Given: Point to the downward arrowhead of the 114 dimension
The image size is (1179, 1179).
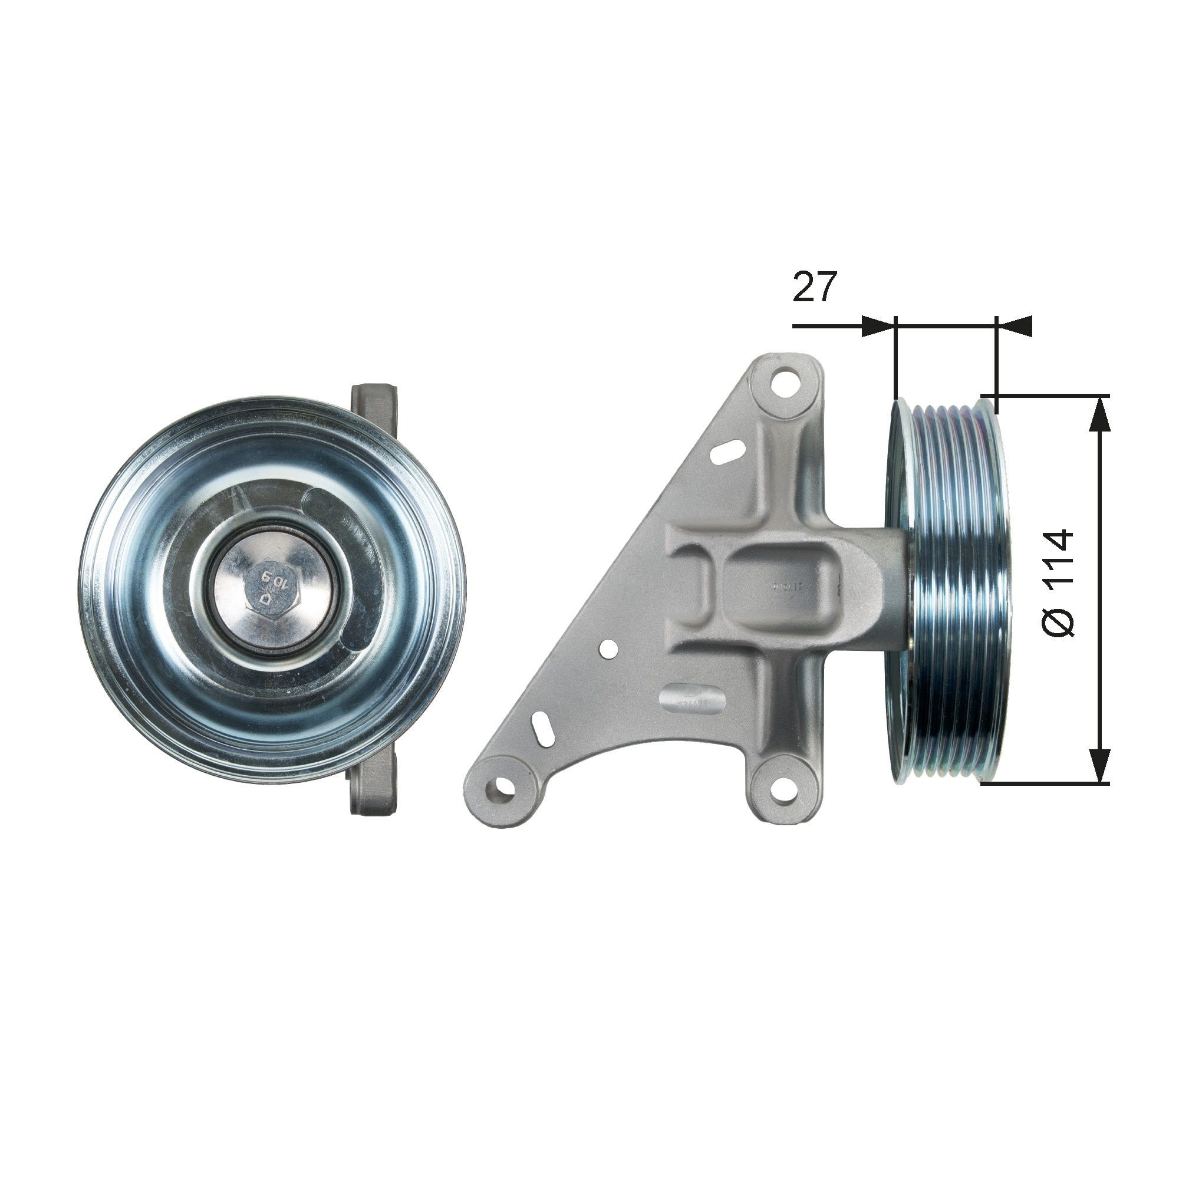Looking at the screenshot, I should tap(1099, 765).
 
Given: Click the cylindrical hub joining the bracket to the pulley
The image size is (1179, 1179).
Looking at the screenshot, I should tap(872, 586).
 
